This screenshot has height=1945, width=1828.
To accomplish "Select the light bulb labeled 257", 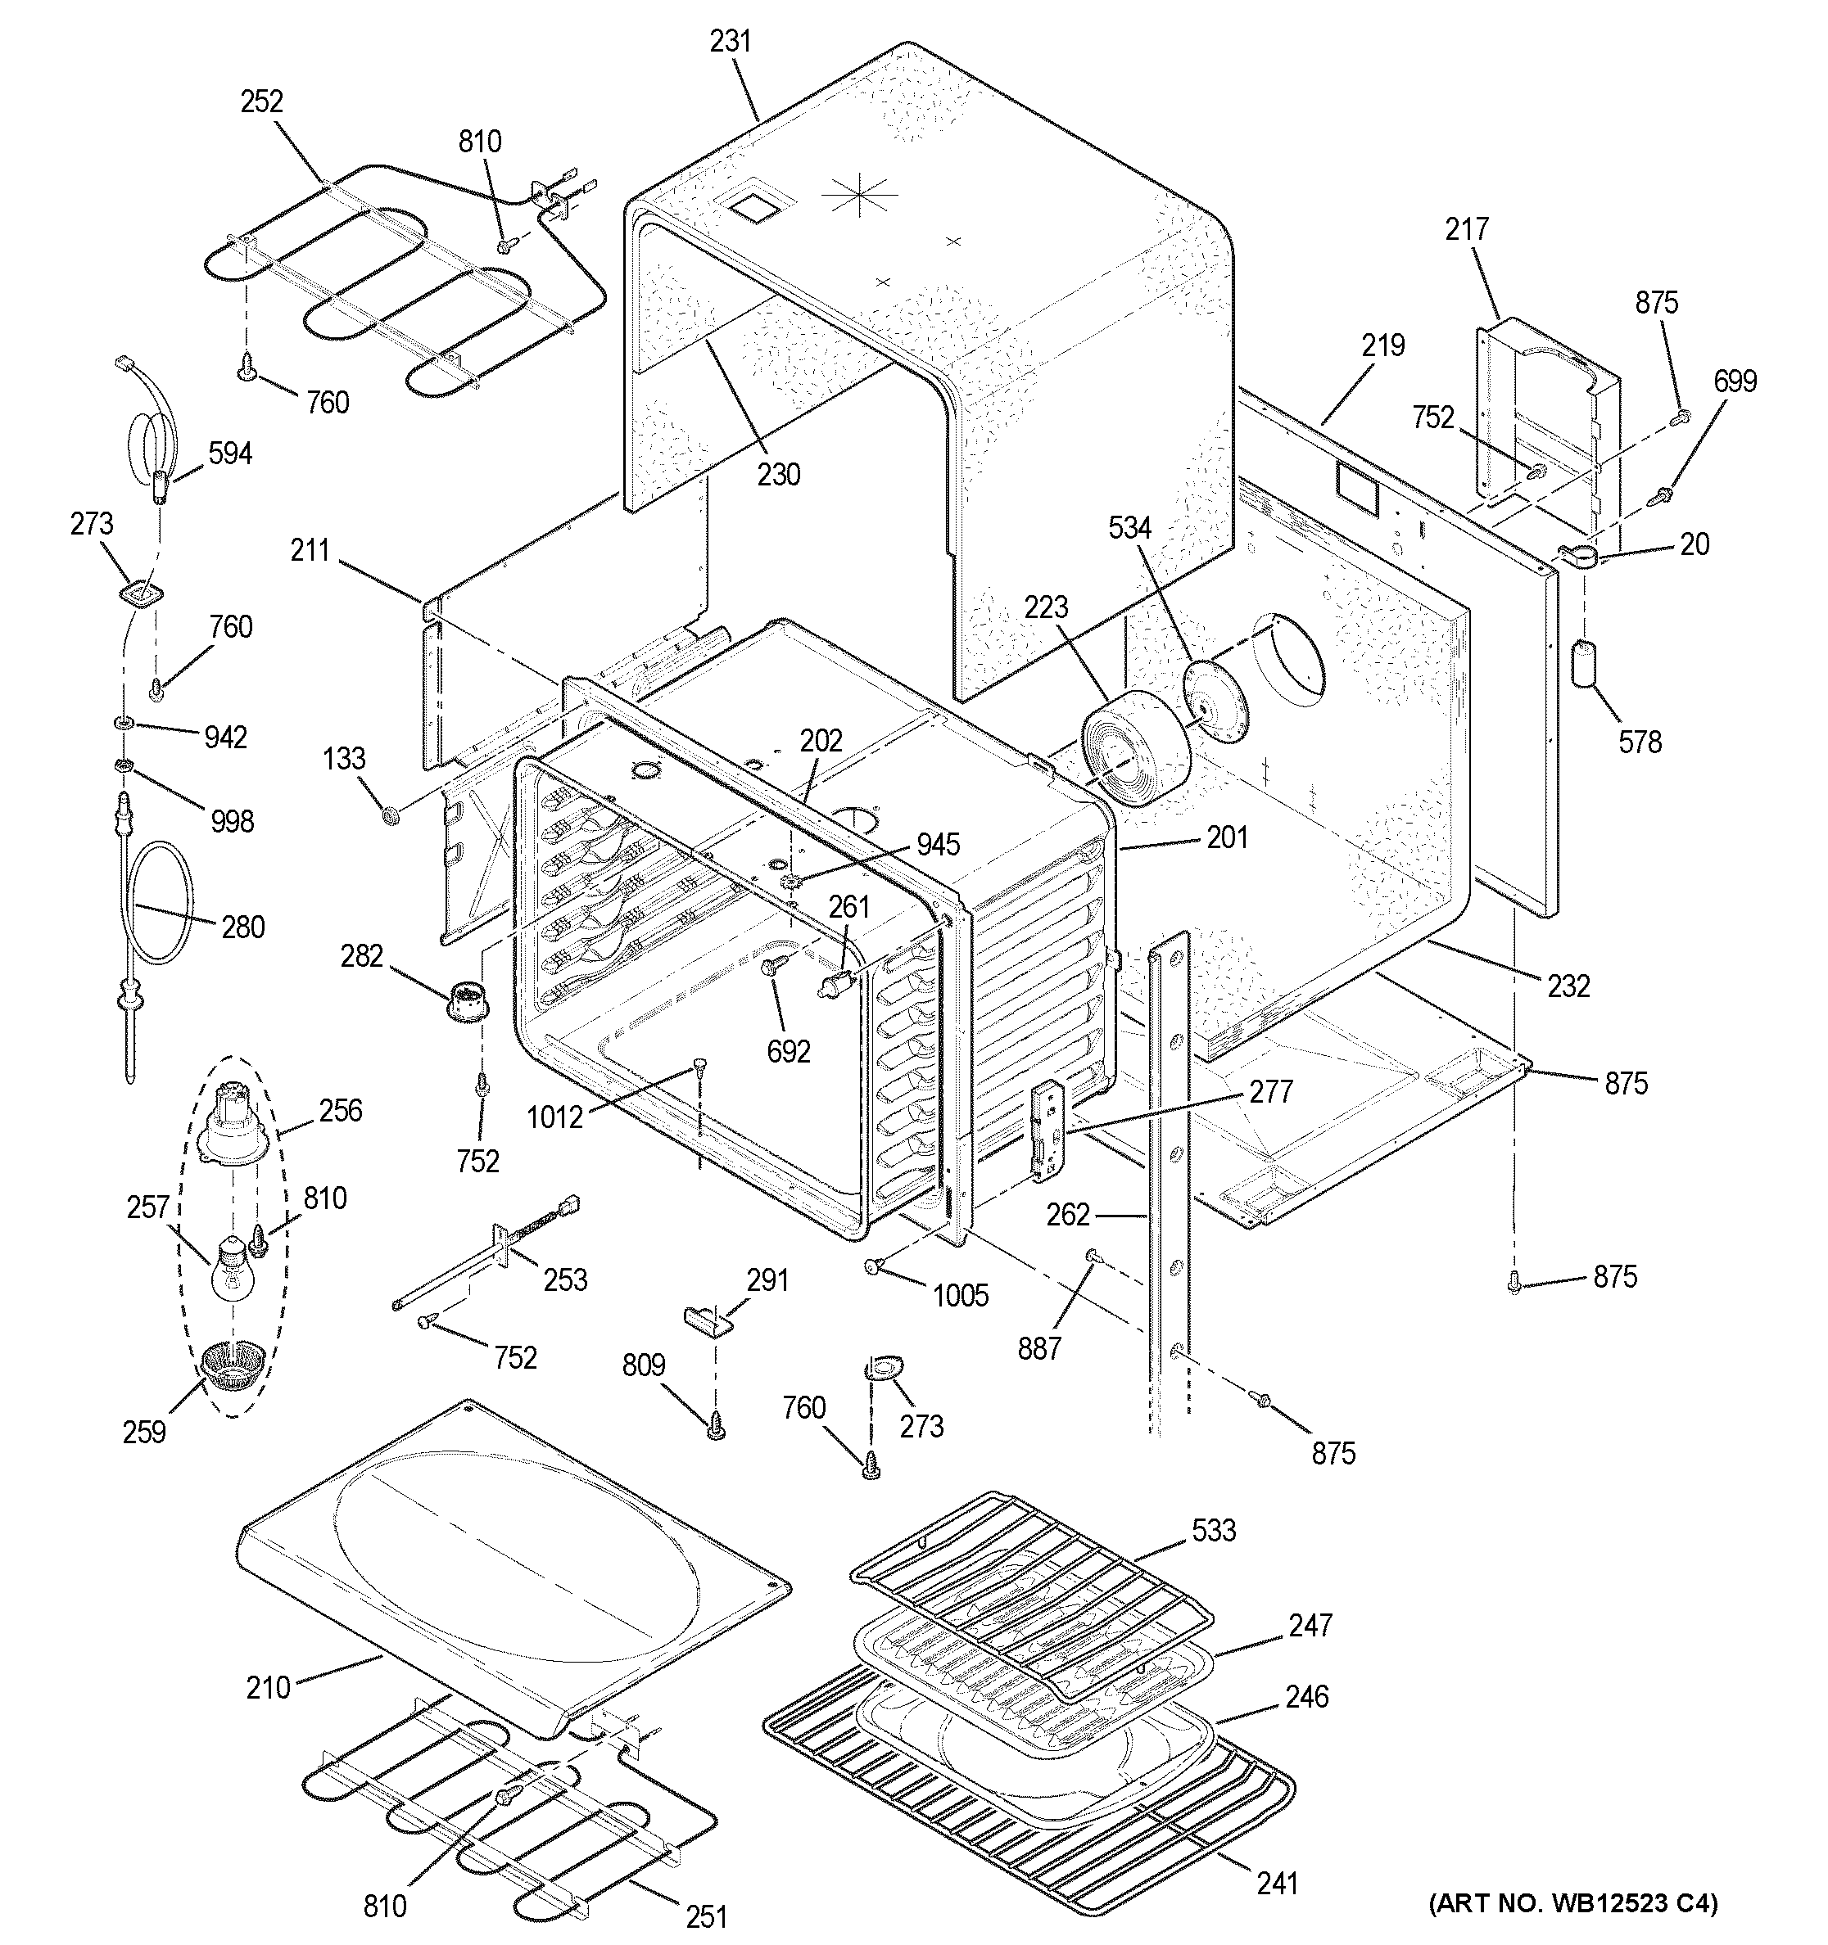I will point(233,1269).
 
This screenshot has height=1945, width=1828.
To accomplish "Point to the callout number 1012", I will point(554,1117).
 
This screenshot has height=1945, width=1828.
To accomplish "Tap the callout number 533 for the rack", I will point(1214,1530).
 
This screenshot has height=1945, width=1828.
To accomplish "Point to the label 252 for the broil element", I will point(261,102).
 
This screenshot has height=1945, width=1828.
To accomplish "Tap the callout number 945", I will point(938,844).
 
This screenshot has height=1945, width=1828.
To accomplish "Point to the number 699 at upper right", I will point(1735,381).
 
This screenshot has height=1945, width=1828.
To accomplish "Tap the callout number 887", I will point(1038,1348).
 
